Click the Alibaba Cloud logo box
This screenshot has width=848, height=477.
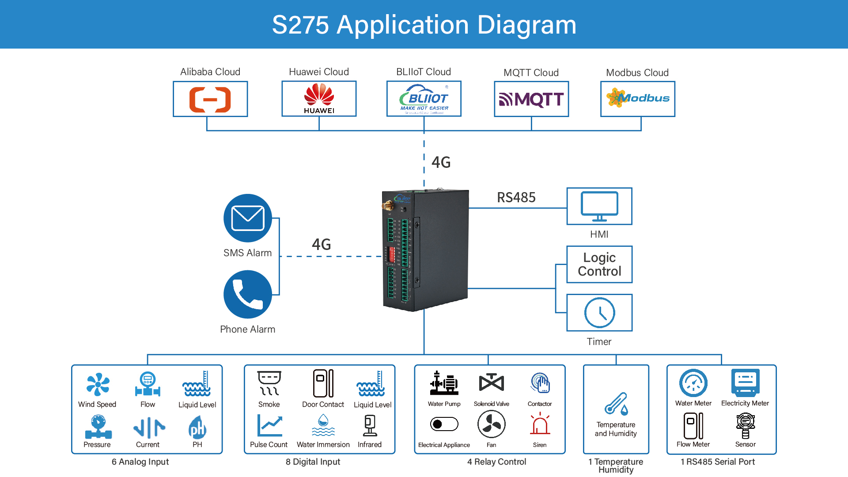point(210,99)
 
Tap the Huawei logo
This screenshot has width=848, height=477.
point(319,98)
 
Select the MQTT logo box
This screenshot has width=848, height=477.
point(531,99)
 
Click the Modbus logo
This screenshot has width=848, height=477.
point(638,98)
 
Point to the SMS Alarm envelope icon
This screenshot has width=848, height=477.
point(248,218)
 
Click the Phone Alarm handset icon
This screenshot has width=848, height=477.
point(248,294)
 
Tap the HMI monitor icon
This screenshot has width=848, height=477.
point(599,206)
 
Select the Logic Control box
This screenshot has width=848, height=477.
point(599,264)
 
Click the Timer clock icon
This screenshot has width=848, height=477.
point(599,313)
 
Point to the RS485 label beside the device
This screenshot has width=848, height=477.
point(516,197)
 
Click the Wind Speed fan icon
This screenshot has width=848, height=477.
point(98,384)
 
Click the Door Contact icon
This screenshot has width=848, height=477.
point(323,383)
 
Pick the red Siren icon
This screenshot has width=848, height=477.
point(540,424)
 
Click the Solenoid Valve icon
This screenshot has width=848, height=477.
point(491,382)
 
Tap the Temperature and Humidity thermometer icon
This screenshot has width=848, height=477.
point(616,404)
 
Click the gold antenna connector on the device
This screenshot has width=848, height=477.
point(388,205)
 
